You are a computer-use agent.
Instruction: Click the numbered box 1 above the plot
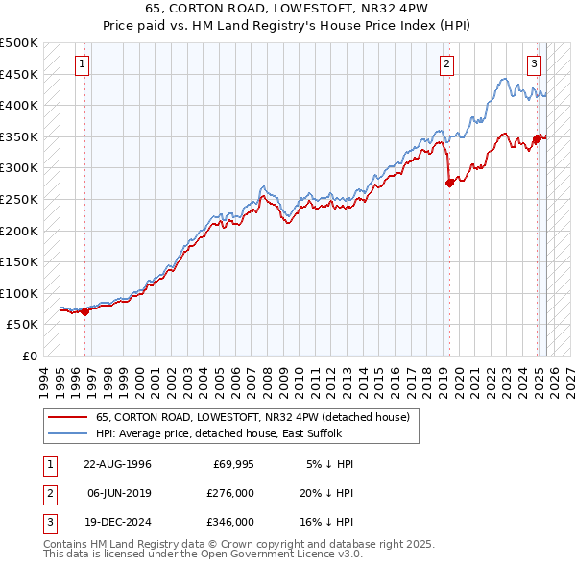coord(82,65)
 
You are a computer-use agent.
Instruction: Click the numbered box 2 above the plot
coord(447,65)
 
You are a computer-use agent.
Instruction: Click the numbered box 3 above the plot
coord(534,65)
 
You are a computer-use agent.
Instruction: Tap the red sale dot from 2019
coord(449,183)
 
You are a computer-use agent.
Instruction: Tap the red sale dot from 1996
coord(84,311)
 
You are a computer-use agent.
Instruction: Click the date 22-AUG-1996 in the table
coord(117,464)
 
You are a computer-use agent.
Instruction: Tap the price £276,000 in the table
coord(230,493)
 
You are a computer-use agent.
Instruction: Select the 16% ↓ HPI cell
coord(328,522)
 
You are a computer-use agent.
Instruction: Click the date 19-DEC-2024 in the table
coord(117,522)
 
